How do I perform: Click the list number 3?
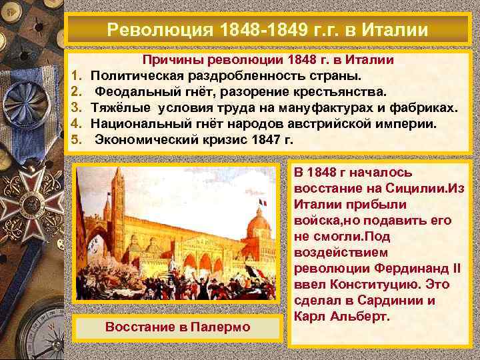coord(76,108)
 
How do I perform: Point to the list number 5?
coord(76,140)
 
